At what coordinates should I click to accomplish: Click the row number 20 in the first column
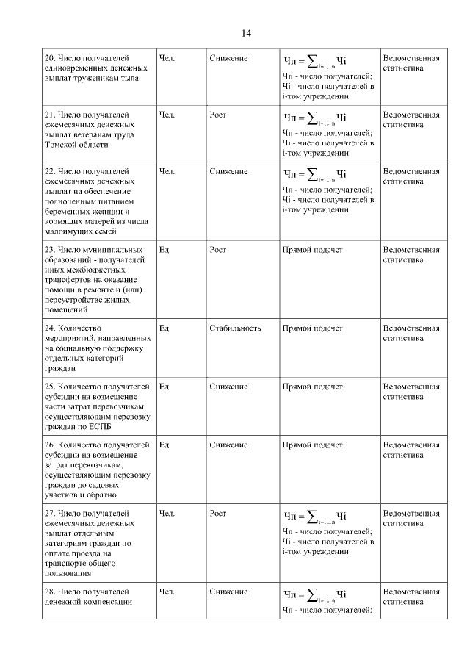[x=50, y=58]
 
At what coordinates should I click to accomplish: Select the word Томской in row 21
[x=62, y=145]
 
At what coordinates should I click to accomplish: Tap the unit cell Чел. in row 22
[x=167, y=171]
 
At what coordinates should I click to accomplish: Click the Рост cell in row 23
[x=217, y=250]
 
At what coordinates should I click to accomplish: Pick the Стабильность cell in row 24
[x=234, y=328]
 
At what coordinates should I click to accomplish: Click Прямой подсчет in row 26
[x=312, y=445]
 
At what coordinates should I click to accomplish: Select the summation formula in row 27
[x=315, y=514]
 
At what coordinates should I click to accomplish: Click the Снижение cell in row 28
[x=228, y=592]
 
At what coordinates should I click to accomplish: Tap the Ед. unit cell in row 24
[x=164, y=328]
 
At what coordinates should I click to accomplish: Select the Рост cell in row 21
[x=217, y=115]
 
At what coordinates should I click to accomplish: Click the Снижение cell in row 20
[x=228, y=58]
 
